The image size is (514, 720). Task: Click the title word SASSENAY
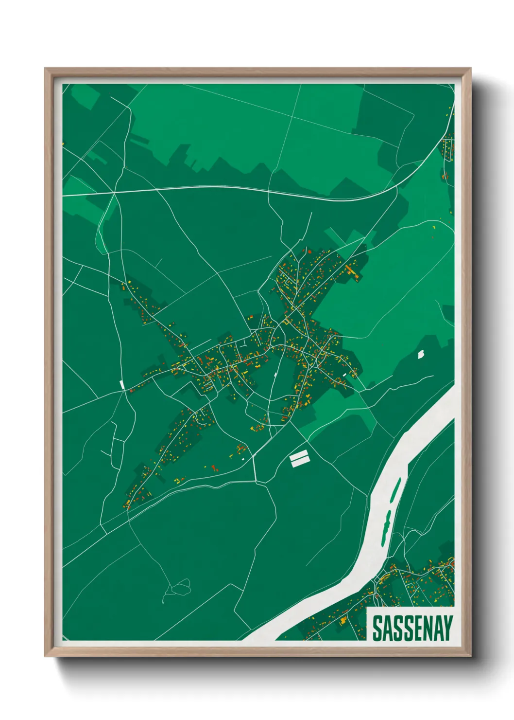(412, 628)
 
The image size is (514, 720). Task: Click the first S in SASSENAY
(377, 628)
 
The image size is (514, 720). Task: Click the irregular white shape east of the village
(421, 354)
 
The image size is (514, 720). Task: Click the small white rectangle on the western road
(122, 384)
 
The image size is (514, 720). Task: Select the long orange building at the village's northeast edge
(352, 271)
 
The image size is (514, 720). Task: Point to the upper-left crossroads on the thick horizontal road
(114, 193)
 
